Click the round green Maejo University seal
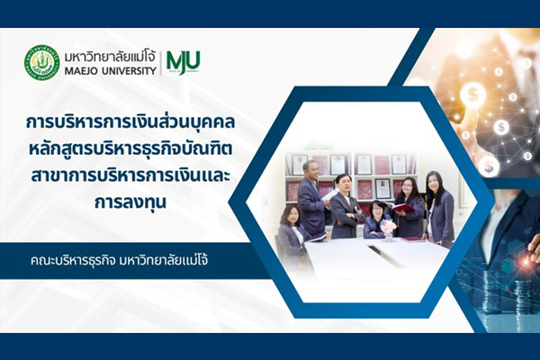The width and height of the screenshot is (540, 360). (x=42, y=62)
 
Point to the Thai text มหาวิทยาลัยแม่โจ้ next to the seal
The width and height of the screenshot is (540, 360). (x=110, y=56)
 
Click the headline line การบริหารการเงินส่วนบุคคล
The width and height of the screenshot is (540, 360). (x=130, y=121)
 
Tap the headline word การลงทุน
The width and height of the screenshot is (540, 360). (x=130, y=202)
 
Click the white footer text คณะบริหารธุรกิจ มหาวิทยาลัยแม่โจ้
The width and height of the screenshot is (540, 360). (x=119, y=261)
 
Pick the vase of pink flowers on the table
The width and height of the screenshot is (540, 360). (x=389, y=229)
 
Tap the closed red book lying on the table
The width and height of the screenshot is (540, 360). (x=413, y=239)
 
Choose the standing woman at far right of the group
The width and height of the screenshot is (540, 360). (x=439, y=209)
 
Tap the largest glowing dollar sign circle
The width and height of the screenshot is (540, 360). (x=473, y=94)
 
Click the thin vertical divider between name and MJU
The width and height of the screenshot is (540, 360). (x=160, y=63)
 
